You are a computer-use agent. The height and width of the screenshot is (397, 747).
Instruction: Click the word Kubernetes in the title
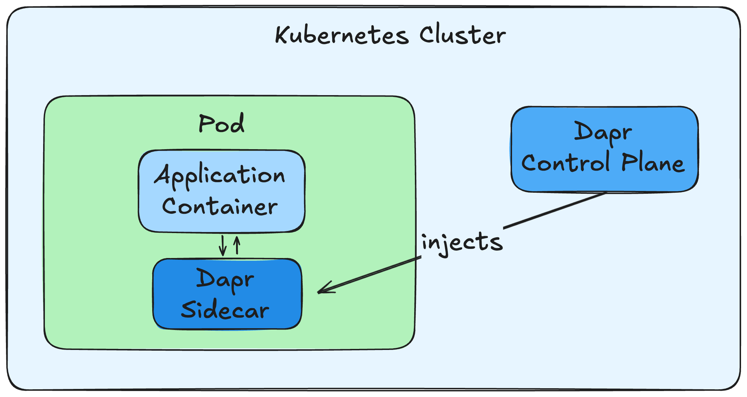tap(342, 35)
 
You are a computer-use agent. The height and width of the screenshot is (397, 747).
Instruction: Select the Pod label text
tap(221, 124)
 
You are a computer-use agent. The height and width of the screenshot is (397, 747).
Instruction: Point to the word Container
tap(220, 206)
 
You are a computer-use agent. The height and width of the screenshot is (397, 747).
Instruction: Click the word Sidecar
tap(225, 310)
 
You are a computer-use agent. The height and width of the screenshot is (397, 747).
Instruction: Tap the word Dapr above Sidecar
tap(225, 279)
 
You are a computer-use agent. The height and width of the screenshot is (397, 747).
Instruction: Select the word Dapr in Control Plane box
tap(603, 132)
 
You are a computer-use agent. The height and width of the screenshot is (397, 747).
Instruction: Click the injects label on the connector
tap(462, 242)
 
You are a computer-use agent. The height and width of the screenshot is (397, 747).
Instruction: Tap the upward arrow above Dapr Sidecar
tap(237, 245)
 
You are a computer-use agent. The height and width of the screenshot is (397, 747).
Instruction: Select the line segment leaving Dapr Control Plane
tap(554, 211)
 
